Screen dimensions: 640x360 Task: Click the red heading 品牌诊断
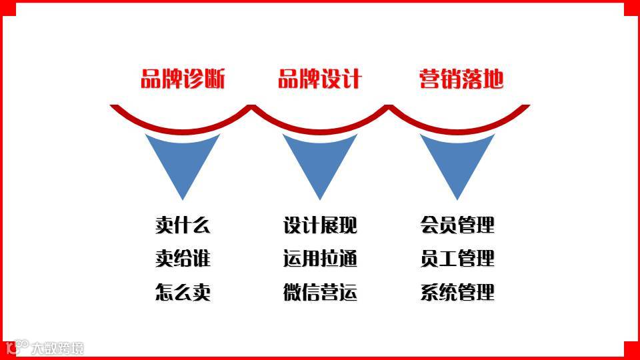pyautogui.click(x=183, y=80)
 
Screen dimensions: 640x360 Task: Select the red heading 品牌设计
pyautogui.click(x=320, y=80)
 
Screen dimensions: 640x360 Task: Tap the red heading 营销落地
pyautogui.click(x=461, y=80)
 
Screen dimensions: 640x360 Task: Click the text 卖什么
pyautogui.click(x=183, y=225)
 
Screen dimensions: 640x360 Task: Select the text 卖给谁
pyautogui.click(x=183, y=259)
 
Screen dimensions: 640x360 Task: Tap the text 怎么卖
pyautogui.click(x=183, y=292)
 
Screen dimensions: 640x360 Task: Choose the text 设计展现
pyautogui.click(x=320, y=225)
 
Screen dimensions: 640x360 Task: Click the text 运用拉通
pyautogui.click(x=320, y=259)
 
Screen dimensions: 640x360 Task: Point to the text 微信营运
pyautogui.click(x=320, y=292)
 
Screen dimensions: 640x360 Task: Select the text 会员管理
pyautogui.click(x=457, y=225)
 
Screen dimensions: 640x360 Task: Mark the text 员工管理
pyautogui.click(x=457, y=259)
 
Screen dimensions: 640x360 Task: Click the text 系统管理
pyautogui.click(x=457, y=292)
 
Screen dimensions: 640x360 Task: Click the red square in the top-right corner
pyautogui.click(x=632, y=8)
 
